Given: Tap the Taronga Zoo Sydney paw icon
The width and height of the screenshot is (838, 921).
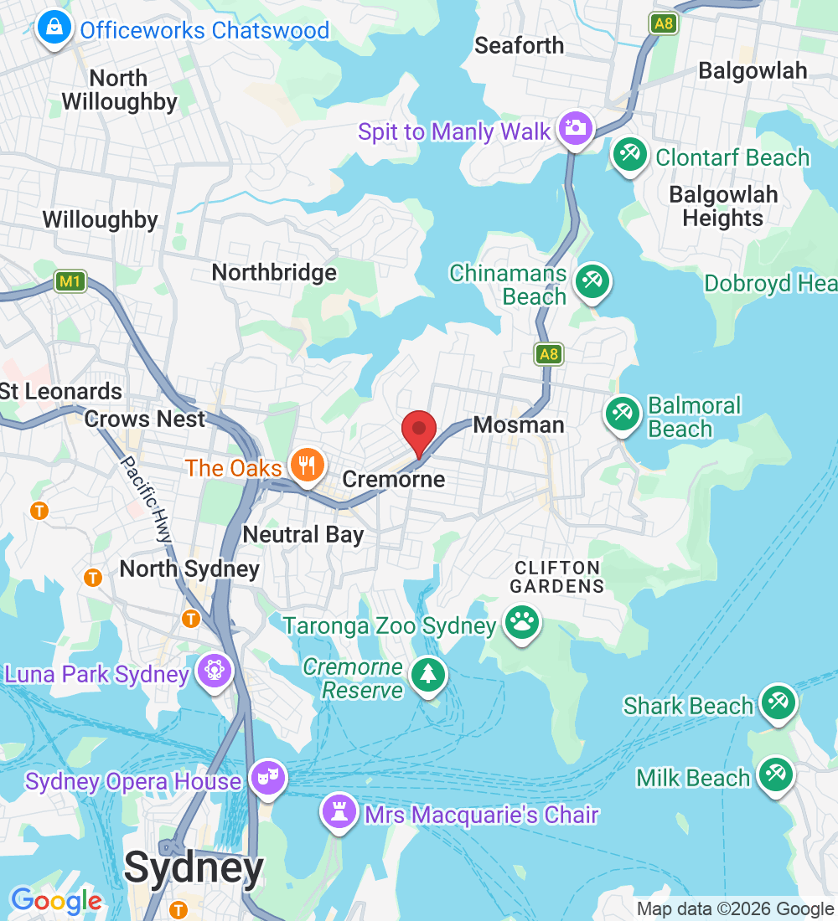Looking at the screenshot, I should click(x=522, y=623).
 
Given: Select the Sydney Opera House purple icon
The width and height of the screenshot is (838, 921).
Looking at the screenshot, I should click(x=269, y=778).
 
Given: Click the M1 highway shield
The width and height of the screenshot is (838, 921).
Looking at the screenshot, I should click(x=70, y=282).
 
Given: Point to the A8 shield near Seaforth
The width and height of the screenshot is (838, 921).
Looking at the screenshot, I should click(x=664, y=23).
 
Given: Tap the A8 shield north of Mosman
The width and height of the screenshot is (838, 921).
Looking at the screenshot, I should click(x=548, y=354).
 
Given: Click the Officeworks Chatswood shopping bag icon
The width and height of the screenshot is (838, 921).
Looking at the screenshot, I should click(x=54, y=28).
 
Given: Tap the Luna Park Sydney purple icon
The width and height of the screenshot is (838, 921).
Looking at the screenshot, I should click(x=214, y=671).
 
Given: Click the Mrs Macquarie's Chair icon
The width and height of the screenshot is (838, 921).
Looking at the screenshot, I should click(x=339, y=810).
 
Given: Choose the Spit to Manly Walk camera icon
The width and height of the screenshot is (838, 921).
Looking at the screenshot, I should click(x=577, y=128).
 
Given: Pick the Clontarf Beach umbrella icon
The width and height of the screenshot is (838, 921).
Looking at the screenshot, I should click(x=628, y=154).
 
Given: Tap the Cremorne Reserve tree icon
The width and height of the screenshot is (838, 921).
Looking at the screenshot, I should click(x=428, y=674).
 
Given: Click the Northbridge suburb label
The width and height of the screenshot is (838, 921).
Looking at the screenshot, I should click(x=274, y=273).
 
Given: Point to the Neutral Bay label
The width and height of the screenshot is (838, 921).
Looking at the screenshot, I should click(x=303, y=534).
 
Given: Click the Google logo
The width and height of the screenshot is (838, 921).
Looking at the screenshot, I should click(x=56, y=902).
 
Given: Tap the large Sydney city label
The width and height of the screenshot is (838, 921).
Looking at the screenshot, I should click(x=194, y=869).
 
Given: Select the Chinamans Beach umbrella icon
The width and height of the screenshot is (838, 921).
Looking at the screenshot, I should click(x=592, y=280).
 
